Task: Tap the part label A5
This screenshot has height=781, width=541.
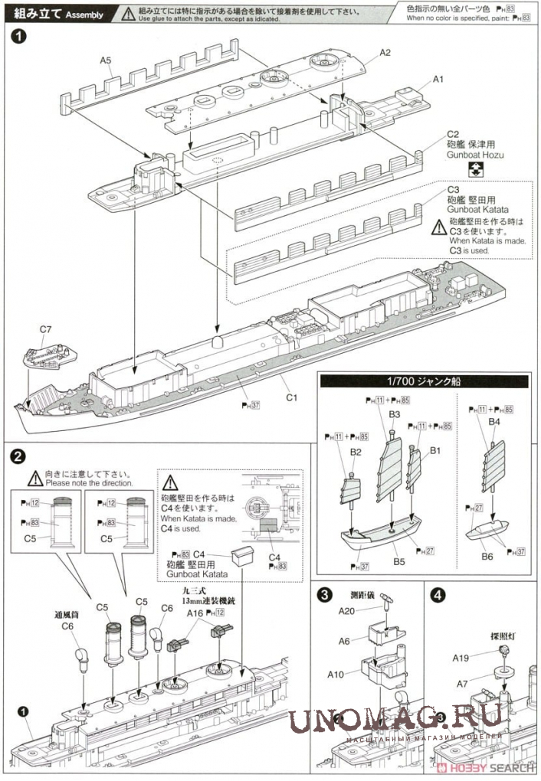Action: coord(106,60)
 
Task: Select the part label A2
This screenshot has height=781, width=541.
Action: coord(385,52)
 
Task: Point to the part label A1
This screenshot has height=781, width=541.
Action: coord(438,79)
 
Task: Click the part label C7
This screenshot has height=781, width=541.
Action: coord(45,331)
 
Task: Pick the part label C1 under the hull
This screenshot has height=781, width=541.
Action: coord(292,397)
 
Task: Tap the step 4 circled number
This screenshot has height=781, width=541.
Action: coord(438,593)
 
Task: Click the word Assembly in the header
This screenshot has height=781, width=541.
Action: coord(79,15)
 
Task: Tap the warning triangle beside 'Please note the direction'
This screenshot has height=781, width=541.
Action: coord(35,479)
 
